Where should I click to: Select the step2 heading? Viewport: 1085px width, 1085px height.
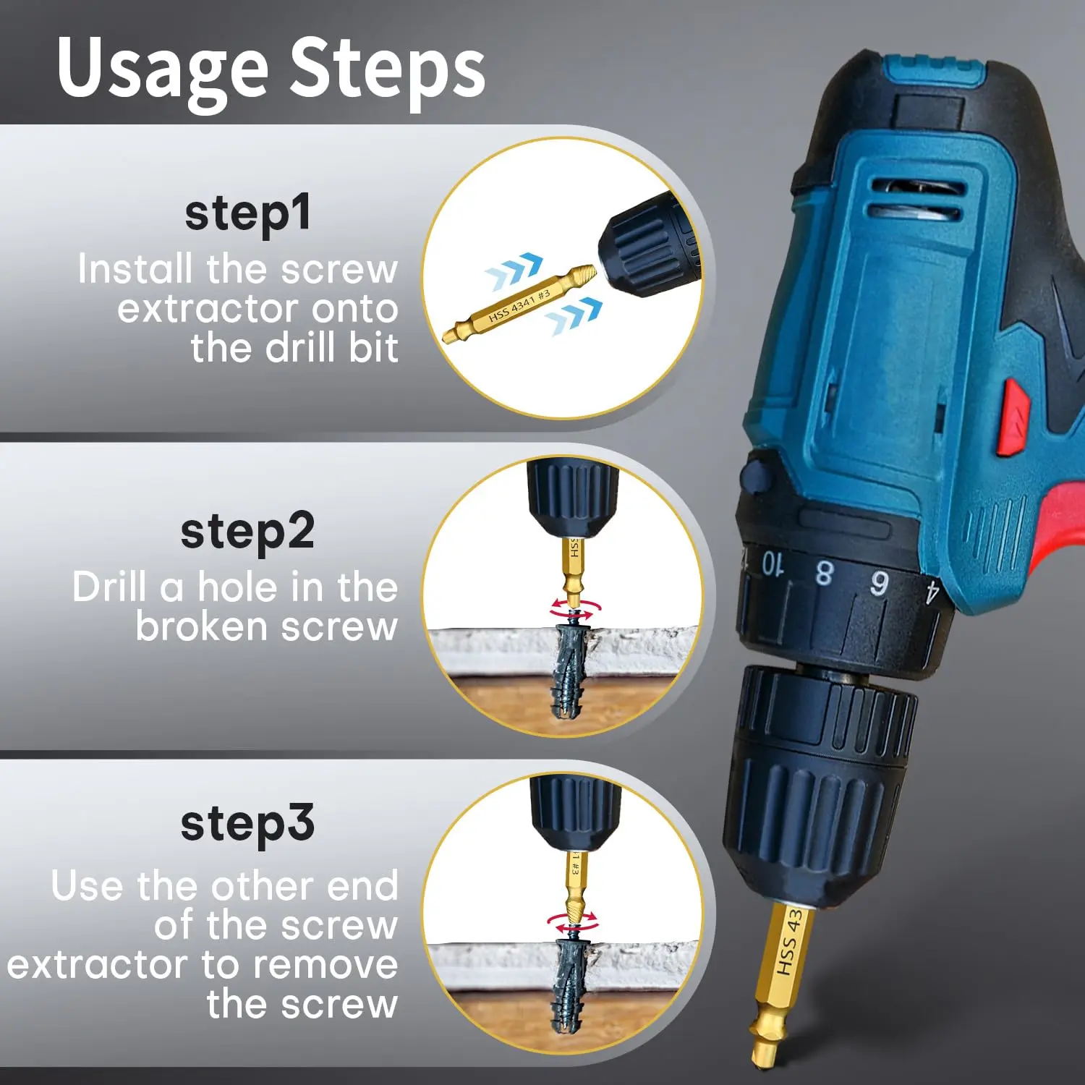click(247, 532)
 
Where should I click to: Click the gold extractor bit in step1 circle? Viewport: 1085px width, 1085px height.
click(519, 304)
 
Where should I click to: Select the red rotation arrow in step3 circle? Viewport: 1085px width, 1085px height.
click(573, 923)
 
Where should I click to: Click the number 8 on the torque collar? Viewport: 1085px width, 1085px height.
click(824, 572)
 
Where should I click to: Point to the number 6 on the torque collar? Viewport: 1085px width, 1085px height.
click(879, 583)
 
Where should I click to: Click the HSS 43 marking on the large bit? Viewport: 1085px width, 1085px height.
click(790, 941)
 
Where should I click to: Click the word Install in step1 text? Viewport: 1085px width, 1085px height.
click(135, 268)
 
